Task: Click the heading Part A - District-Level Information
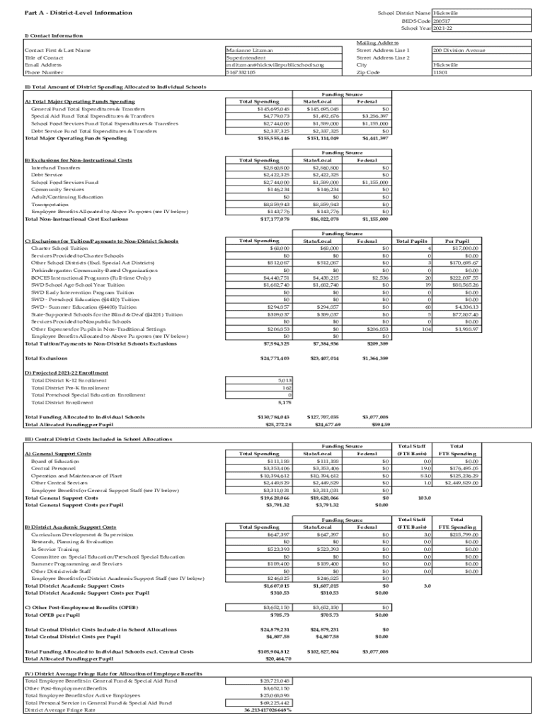(x=68, y=13)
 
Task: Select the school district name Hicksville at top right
(x=445, y=13)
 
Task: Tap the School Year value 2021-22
(x=443, y=28)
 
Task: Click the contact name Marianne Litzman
(x=248, y=50)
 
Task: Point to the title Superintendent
(x=246, y=57)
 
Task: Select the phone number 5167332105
(x=241, y=72)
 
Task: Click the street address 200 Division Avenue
(x=459, y=50)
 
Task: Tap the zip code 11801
(x=440, y=72)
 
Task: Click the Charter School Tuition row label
(x=59, y=249)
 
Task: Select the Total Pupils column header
(x=413, y=241)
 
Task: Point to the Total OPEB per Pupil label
(x=51, y=615)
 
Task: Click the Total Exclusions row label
(x=47, y=358)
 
